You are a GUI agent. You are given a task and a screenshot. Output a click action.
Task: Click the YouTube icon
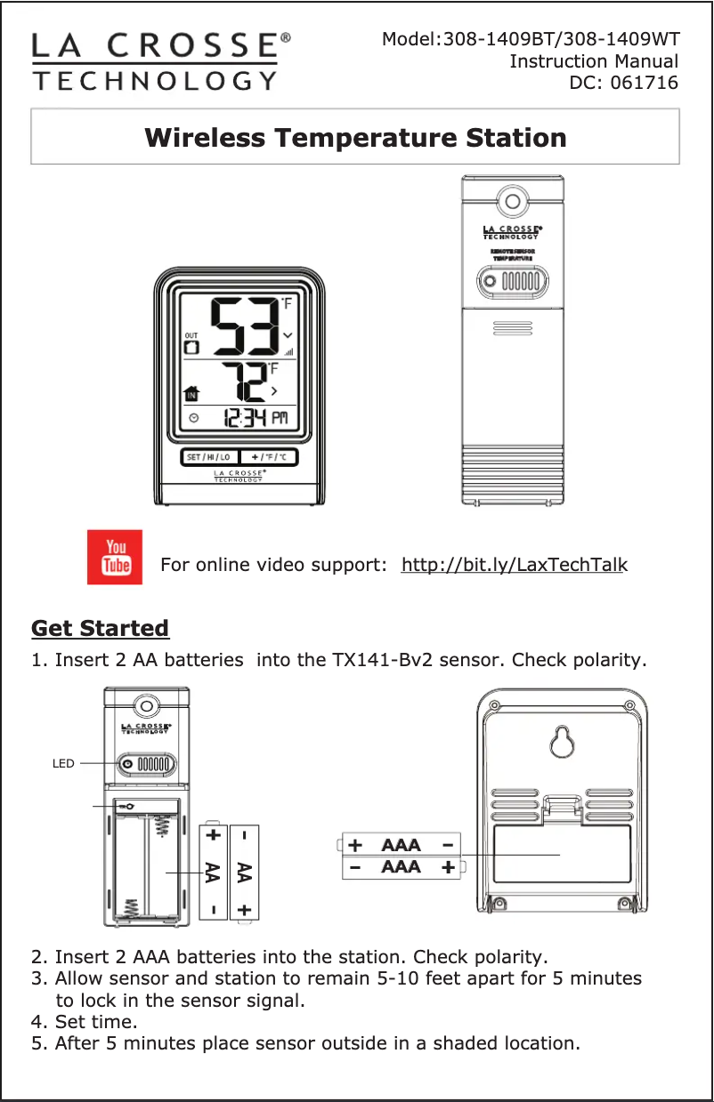115,557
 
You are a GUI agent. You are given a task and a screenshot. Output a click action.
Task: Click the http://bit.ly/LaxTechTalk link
515,566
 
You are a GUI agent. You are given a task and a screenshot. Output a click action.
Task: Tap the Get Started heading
100,629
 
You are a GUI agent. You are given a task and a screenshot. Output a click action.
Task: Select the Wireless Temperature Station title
355,138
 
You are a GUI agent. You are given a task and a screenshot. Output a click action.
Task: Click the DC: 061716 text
622,84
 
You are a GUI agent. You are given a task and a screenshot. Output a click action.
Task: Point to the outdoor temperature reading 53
243,327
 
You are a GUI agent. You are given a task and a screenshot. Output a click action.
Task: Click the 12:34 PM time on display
255,417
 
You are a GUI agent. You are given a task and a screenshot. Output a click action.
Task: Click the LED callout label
63,763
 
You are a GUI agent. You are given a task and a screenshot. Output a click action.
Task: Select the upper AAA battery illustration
402,844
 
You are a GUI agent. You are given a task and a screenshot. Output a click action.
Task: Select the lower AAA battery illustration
402,866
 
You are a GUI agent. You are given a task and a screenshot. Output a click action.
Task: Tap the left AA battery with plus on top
212,872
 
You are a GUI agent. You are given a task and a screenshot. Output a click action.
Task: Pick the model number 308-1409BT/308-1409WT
561,39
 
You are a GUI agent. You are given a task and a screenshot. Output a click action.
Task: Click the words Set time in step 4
95,1020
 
